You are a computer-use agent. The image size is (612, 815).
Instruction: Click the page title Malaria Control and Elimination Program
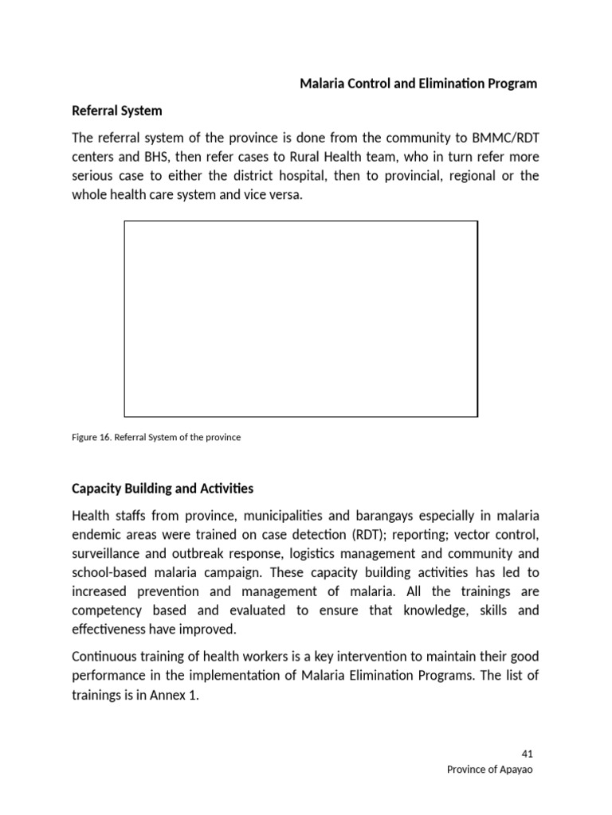pos(418,84)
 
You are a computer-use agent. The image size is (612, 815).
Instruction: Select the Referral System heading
pos(117,111)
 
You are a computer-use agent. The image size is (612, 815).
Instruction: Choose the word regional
pos(472,175)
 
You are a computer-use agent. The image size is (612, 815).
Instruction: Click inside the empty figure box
pos(300,318)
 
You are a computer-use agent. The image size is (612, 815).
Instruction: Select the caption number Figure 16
pos(91,438)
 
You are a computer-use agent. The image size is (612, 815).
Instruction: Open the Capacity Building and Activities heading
pos(163,488)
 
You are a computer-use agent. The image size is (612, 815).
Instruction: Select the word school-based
pos(107,572)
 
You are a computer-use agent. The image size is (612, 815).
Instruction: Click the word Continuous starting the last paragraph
pos(103,657)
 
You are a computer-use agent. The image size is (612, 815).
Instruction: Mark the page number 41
pos(527,754)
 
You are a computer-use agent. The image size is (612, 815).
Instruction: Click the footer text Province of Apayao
pos(492,770)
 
